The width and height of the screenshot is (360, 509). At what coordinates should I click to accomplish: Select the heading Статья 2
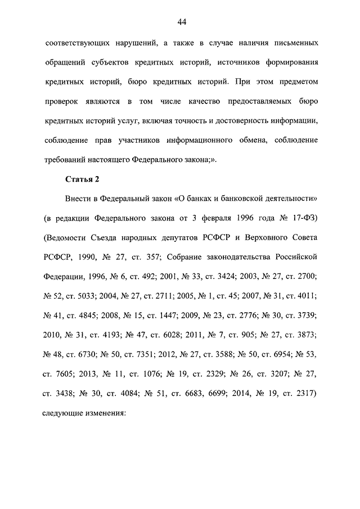coord(82,179)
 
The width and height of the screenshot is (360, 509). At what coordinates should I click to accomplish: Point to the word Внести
coord(79,200)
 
